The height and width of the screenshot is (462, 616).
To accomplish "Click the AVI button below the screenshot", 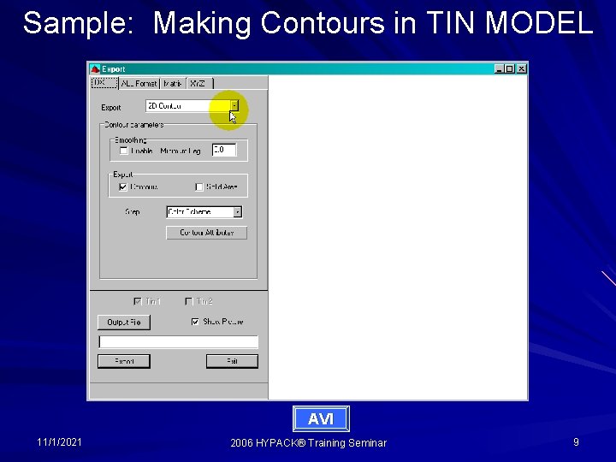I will [321, 418].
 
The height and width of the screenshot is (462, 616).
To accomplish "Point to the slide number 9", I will [576, 442].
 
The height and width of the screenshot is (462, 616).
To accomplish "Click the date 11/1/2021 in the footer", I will [60, 442].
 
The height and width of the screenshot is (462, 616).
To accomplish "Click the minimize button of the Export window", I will [499, 69].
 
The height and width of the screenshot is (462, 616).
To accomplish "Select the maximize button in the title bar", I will [510, 69].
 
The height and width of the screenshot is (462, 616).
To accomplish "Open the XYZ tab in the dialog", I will [198, 83].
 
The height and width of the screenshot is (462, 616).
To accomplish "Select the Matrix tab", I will [173, 83].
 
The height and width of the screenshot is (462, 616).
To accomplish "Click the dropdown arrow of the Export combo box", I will [234, 106].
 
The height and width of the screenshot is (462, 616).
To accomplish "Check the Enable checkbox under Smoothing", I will [124, 151].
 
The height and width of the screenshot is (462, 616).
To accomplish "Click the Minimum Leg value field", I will [223, 150].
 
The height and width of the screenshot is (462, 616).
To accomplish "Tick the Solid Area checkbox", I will [199, 187].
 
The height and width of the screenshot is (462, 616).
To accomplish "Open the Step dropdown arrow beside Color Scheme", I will [237, 212].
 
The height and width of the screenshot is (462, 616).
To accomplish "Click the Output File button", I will [124, 323].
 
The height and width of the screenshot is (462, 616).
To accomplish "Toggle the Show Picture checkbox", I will [196, 323].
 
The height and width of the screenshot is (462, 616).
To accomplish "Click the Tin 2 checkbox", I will [189, 301].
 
